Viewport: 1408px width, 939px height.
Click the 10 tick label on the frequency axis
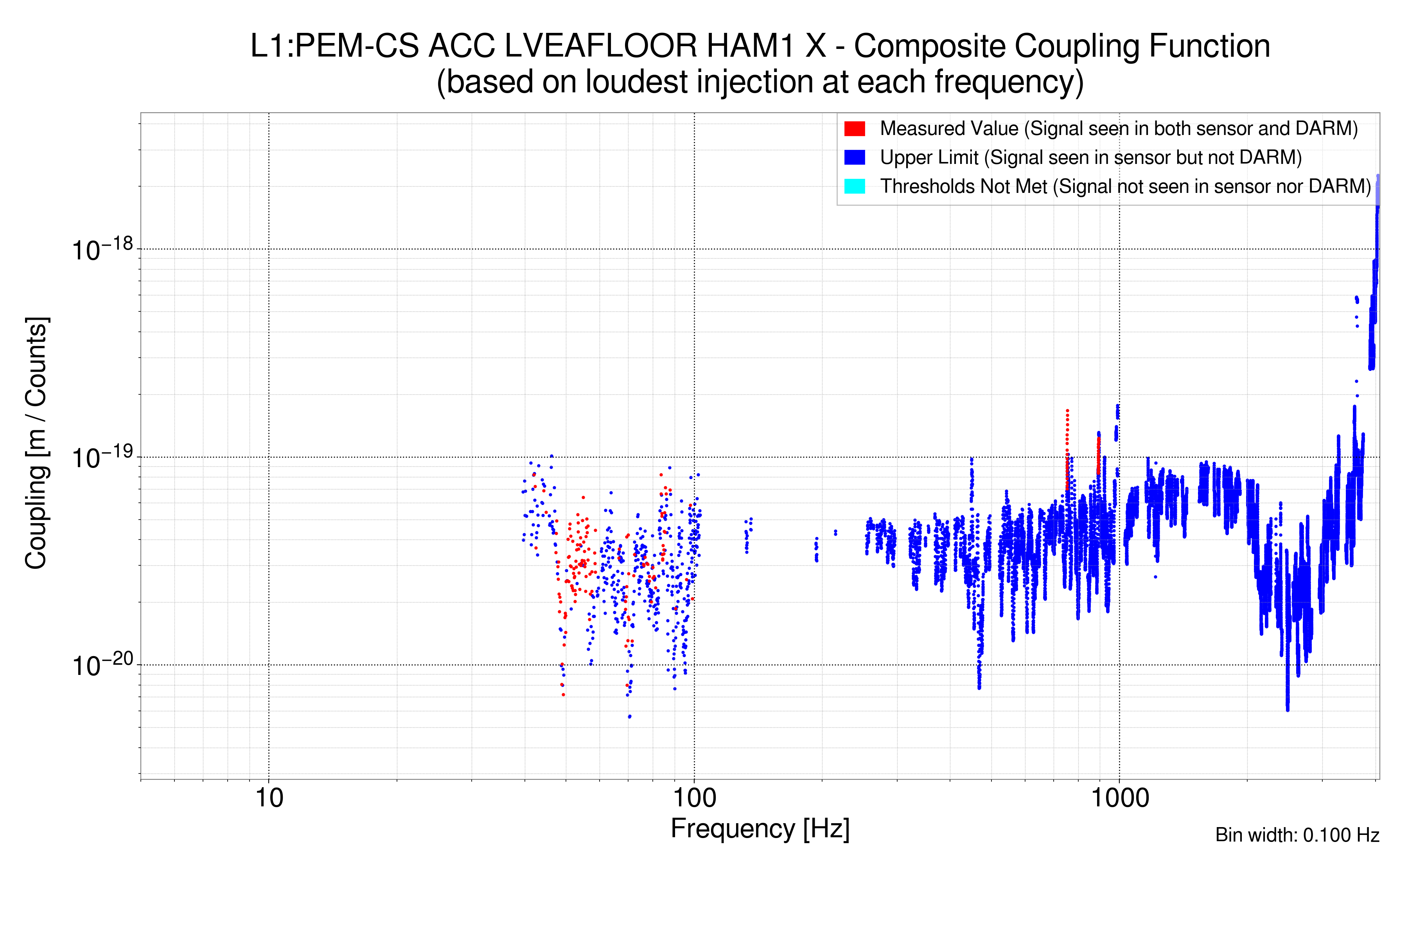tap(269, 798)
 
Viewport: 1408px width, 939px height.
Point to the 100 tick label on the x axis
tap(695, 798)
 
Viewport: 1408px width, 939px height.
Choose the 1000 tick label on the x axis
tap(1119, 798)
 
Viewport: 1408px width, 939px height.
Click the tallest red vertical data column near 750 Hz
tap(1067, 443)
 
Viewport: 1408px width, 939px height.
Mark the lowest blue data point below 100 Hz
tap(629, 716)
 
